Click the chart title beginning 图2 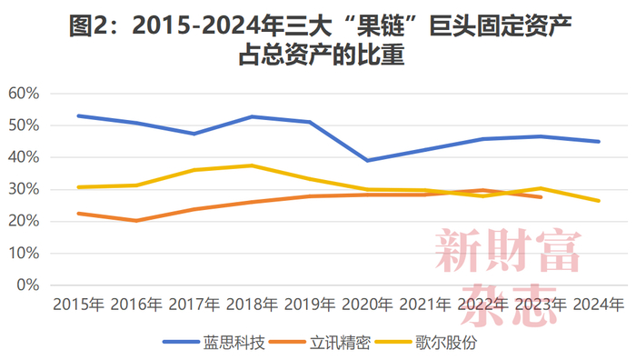click(319, 38)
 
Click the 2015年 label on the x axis click(78, 304)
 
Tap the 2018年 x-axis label click(252, 304)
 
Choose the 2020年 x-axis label click(367, 304)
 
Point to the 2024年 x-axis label click(598, 304)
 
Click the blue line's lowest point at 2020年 click(367, 160)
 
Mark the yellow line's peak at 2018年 click(252, 165)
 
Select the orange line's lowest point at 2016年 click(136, 220)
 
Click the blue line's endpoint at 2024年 click(598, 141)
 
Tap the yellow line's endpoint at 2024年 click(598, 200)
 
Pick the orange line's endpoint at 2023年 click(541, 196)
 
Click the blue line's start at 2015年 click(79, 115)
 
